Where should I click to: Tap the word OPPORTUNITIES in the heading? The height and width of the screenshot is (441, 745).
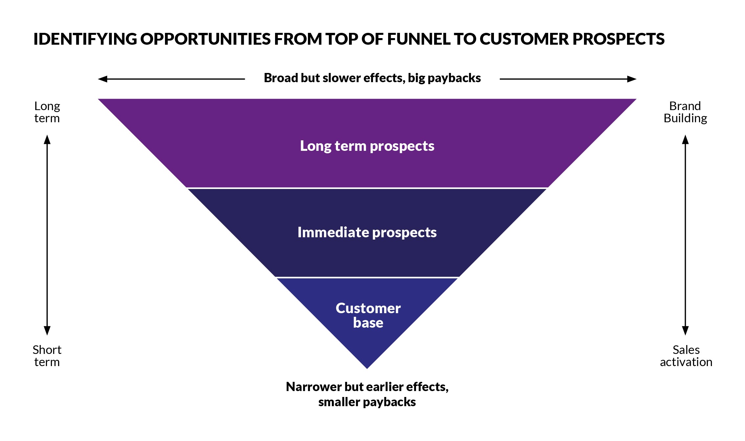click(x=205, y=39)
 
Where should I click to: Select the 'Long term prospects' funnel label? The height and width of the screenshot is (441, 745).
click(x=367, y=146)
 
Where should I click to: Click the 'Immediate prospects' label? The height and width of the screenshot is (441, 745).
click(x=367, y=233)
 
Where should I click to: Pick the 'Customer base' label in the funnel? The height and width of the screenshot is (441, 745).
click(x=368, y=315)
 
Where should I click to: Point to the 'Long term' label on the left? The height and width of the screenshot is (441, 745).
click(x=47, y=112)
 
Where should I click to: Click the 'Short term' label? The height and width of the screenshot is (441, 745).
click(x=47, y=356)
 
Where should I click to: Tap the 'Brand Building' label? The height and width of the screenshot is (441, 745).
click(x=685, y=112)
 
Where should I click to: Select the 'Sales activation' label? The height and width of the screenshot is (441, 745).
click(x=686, y=356)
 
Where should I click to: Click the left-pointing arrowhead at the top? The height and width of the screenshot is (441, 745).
click(x=103, y=79)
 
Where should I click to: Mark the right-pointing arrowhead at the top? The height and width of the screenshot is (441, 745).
click(x=632, y=79)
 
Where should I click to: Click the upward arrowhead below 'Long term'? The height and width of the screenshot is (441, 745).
click(x=47, y=139)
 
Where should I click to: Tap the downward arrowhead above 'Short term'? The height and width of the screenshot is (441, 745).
click(x=47, y=331)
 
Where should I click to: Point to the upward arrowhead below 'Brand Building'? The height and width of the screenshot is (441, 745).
click(x=685, y=139)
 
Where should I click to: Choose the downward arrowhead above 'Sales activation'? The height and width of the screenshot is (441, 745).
click(x=685, y=331)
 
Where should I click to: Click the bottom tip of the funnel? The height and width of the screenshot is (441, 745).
click(x=367, y=368)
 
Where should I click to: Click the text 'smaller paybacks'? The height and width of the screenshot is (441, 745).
click(x=367, y=402)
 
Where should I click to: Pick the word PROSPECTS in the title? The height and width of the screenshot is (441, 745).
click(x=619, y=39)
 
